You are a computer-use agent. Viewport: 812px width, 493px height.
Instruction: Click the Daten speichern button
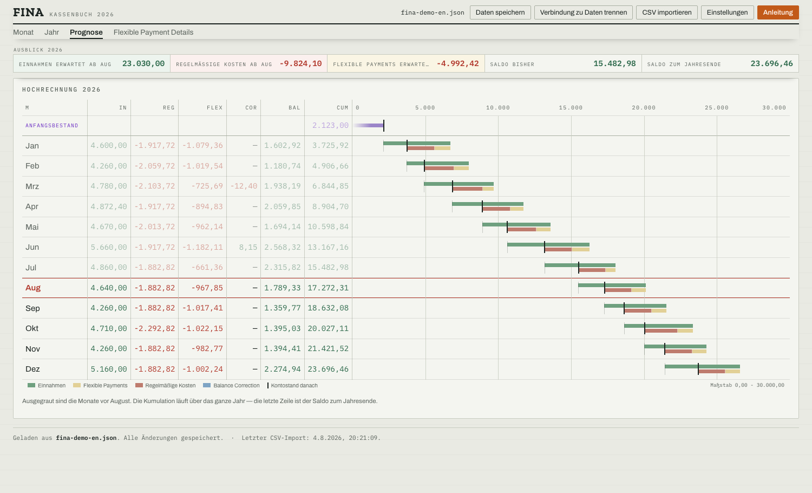point(500,12)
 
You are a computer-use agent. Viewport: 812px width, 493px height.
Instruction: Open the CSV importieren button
point(666,12)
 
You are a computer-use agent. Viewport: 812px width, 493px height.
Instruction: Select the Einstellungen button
point(727,12)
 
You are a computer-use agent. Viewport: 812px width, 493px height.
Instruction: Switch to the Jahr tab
point(51,33)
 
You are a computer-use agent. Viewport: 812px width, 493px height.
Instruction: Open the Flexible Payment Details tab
point(153,33)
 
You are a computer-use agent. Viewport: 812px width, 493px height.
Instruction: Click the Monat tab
point(23,33)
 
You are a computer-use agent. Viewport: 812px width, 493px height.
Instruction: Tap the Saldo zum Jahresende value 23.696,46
point(771,63)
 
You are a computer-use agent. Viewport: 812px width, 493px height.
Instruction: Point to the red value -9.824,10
point(300,63)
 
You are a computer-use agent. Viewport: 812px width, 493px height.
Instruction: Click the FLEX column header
point(214,108)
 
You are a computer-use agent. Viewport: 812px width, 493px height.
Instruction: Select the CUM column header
point(342,108)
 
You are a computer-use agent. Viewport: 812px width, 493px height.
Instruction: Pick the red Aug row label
point(33,288)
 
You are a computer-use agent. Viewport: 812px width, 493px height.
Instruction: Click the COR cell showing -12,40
point(244,186)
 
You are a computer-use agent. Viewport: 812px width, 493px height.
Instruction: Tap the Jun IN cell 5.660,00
point(109,247)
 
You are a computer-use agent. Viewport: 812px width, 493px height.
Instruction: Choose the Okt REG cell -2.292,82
point(154,328)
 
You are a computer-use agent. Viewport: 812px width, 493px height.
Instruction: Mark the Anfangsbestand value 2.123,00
point(330,125)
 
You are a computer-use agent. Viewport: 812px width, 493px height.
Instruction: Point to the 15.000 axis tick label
point(571,108)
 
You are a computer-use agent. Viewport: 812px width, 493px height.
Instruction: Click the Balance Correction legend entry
point(231,385)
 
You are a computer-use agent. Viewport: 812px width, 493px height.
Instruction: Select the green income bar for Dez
point(702,366)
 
